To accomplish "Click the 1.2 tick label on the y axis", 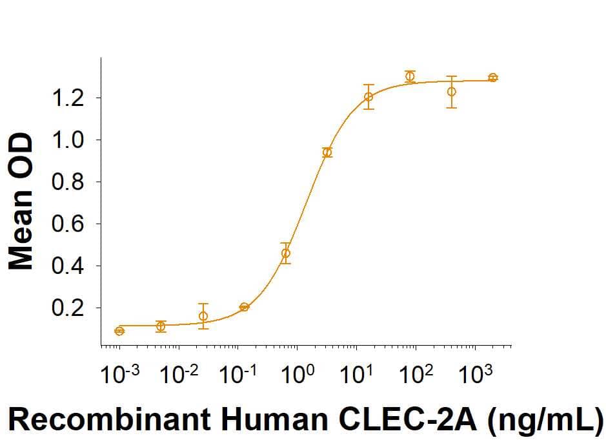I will click(x=68, y=98).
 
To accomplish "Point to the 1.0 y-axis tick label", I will click(x=68, y=140).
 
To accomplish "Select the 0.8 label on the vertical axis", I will click(x=68, y=182).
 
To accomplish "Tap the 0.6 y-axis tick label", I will click(x=68, y=224).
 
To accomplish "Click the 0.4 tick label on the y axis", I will click(x=68, y=266).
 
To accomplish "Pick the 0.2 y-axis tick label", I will click(x=68, y=308).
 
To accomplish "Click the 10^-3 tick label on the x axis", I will click(x=117, y=373).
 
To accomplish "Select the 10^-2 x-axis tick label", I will click(x=177, y=373).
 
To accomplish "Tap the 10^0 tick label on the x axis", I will click(x=298, y=373).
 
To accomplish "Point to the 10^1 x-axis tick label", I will click(x=356, y=373).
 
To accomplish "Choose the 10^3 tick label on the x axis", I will click(x=474, y=373).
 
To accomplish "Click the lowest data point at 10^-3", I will click(x=119, y=331).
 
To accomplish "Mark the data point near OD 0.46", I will click(x=286, y=253).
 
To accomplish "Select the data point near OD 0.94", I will click(x=327, y=152).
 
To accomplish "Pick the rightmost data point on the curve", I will click(x=493, y=78).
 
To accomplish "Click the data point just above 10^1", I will click(x=369, y=97).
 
